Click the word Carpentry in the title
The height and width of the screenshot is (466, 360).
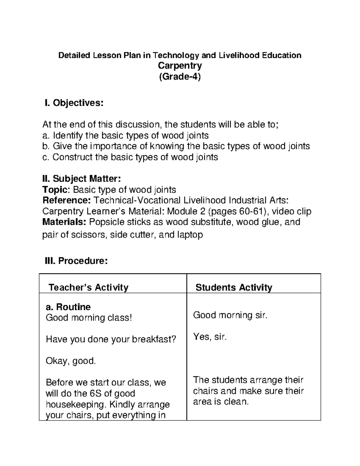pyautogui.click(x=180, y=66)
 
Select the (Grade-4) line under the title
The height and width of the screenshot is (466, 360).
pyautogui.click(x=180, y=77)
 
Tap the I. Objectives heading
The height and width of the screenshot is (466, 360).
pyautogui.click(x=74, y=103)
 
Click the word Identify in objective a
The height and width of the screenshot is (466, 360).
pyautogui.click(x=68, y=135)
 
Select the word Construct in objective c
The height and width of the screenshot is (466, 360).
pyautogui.click(x=72, y=157)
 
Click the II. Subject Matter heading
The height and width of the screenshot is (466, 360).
pyautogui.click(x=82, y=179)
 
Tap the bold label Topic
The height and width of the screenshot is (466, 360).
pyautogui.click(x=56, y=190)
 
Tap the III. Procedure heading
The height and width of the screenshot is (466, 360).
pyautogui.click(x=76, y=261)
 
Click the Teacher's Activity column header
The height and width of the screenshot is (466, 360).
pyautogui.click(x=88, y=287)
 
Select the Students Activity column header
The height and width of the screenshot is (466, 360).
pyautogui.click(x=234, y=287)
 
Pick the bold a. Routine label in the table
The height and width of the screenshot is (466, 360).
pyautogui.click(x=68, y=307)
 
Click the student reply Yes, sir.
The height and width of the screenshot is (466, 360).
pyautogui.click(x=210, y=337)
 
